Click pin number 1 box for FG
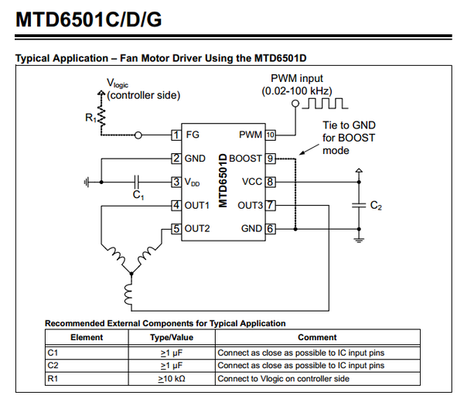(176, 135)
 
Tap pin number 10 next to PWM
(270, 135)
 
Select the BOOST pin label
(245, 159)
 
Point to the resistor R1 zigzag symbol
(101, 117)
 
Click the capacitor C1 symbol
(136, 182)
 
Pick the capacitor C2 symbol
(359, 205)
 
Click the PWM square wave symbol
(325, 104)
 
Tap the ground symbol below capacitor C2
(359, 240)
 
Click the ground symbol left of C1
(87, 182)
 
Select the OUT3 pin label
(250, 206)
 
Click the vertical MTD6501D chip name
(223, 180)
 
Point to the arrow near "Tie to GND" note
(309, 149)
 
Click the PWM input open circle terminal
(295, 104)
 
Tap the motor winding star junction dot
(131, 274)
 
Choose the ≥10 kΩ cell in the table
(172, 379)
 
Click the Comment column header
(317, 337)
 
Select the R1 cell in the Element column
(53, 379)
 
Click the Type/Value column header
(172, 337)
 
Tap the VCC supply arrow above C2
(359, 171)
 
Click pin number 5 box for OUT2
(176, 229)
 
